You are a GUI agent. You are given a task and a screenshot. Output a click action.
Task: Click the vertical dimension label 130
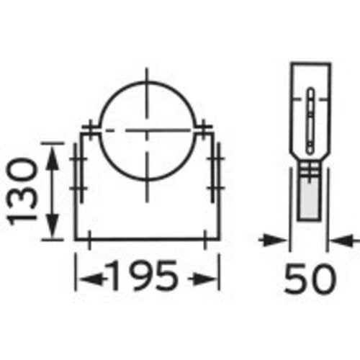point(22,191)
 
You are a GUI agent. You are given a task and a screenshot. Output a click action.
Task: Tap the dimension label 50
point(310,279)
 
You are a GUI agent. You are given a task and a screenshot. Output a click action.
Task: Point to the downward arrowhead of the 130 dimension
point(52,225)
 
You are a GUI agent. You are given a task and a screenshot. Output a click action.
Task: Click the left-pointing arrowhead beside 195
point(92,279)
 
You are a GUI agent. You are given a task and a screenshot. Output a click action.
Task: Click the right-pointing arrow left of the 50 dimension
point(274,240)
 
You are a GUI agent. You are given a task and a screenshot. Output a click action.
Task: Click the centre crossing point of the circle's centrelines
point(147,130)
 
